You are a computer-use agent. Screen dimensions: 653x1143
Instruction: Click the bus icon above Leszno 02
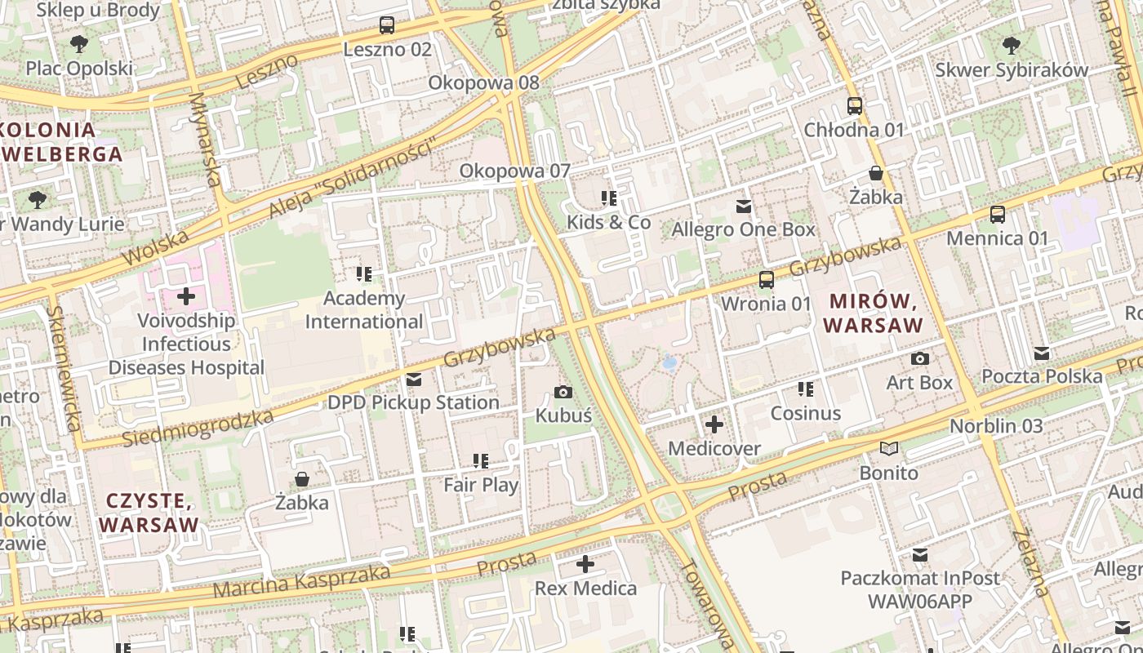[x=387, y=25]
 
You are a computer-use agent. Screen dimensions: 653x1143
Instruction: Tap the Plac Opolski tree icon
[x=79, y=44]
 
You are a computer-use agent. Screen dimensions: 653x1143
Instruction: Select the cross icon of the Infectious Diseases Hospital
[x=186, y=296]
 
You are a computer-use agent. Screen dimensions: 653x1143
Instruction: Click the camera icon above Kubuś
[x=563, y=393]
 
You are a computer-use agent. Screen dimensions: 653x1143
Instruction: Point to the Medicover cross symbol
[x=714, y=424]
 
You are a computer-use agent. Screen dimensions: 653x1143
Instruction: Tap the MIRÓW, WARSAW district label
[x=873, y=313]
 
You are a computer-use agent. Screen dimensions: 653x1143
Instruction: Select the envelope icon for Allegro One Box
[x=744, y=207]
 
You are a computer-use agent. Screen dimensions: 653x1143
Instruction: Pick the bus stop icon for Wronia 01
[x=767, y=280]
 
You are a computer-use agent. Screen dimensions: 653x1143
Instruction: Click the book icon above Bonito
[x=889, y=449]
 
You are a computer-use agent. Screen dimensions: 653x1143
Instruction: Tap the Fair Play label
[x=481, y=485]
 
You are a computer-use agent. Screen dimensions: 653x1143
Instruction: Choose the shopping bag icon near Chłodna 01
[x=876, y=173]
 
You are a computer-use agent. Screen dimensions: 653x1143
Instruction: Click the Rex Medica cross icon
[x=585, y=564]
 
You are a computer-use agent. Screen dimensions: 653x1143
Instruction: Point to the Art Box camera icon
[x=920, y=359]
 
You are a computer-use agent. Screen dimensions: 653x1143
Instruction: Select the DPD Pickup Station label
[x=413, y=402]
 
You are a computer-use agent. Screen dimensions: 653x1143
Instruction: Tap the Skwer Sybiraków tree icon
[x=1012, y=45]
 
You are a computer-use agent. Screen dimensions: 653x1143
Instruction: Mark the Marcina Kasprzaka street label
[x=301, y=580]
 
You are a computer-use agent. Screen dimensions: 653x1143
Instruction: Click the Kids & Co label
[x=609, y=222]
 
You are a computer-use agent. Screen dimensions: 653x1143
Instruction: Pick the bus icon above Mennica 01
[x=997, y=215]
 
